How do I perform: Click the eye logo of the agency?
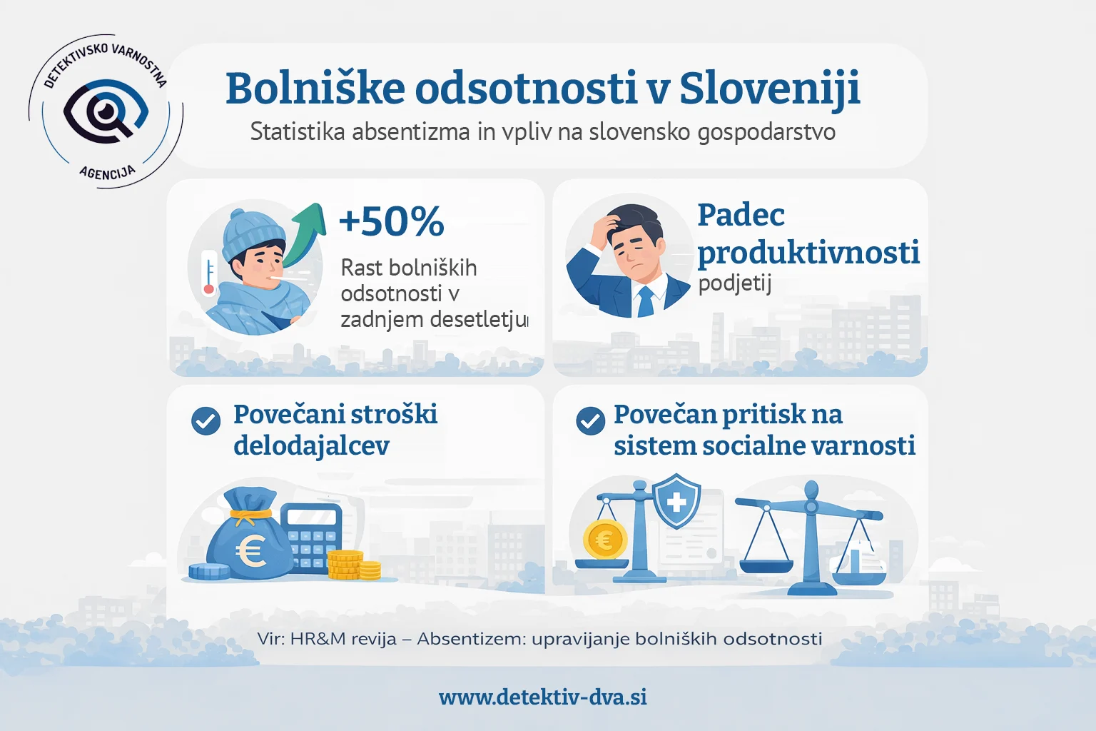point(106,111)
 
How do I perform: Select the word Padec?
point(741,215)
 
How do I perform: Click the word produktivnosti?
point(808,252)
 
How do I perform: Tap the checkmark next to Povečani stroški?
point(206,421)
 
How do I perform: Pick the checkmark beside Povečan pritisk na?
point(590,421)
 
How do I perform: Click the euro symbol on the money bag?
point(251,550)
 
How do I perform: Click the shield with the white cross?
point(676,500)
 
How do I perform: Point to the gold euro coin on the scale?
point(604,539)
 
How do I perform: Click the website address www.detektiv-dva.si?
point(543,697)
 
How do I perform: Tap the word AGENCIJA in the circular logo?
point(107,172)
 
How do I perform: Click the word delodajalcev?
point(311,446)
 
